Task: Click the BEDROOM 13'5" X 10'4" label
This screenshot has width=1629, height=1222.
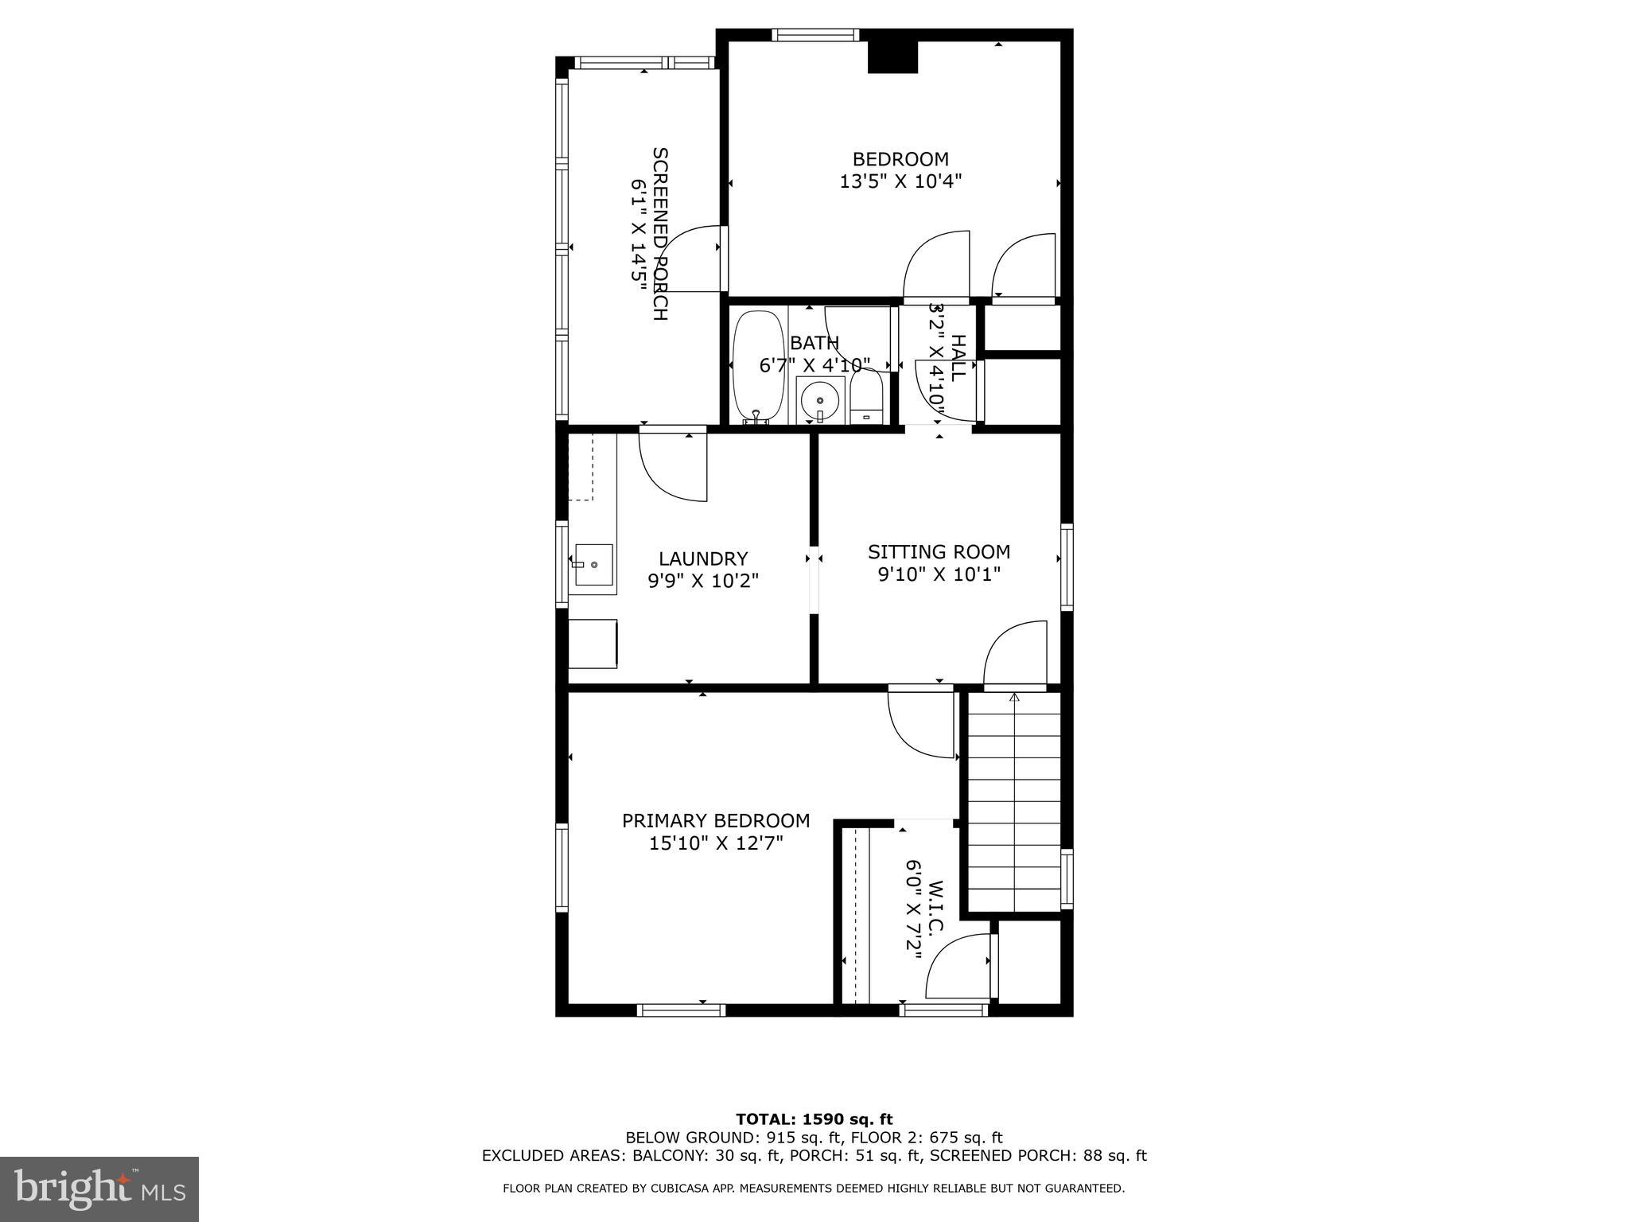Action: point(900,170)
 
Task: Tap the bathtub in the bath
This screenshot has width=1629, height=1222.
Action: point(758,366)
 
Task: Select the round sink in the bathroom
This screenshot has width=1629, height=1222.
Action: point(819,400)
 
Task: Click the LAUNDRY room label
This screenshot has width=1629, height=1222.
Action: point(703,570)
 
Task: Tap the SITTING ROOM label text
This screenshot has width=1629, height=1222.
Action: point(939,562)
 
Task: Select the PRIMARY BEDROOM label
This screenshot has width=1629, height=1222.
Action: point(716,831)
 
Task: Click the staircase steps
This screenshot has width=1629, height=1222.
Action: point(1014,804)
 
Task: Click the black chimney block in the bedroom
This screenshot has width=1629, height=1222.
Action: point(892,57)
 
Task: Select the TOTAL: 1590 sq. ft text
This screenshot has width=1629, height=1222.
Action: point(814,1119)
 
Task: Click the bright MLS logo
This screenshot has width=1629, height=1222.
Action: point(99,1189)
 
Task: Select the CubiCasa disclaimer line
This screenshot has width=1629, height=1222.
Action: point(814,1189)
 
